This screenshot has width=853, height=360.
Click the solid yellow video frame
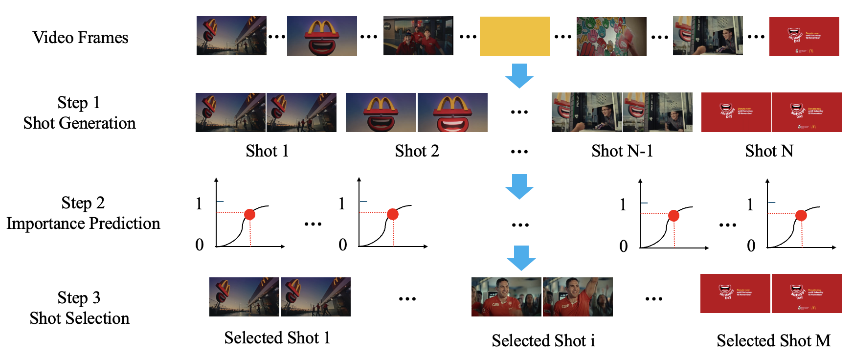click(x=515, y=36)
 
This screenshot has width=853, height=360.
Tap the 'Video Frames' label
click(x=80, y=38)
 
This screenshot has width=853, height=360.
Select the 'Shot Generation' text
click(x=79, y=123)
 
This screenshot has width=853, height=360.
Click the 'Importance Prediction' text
click(x=83, y=224)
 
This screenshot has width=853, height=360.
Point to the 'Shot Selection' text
click(x=79, y=318)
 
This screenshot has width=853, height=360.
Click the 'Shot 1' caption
click(x=267, y=151)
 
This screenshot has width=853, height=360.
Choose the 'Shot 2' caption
click(x=417, y=151)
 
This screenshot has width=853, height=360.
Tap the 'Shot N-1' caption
click(x=622, y=151)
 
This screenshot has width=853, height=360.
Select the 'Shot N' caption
click(x=769, y=151)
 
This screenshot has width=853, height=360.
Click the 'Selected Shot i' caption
click(x=543, y=340)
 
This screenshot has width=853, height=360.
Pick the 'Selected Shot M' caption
click(x=773, y=340)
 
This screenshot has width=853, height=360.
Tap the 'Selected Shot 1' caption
click(x=277, y=338)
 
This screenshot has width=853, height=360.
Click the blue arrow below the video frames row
click(x=519, y=75)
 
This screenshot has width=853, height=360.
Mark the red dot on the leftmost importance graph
click(x=249, y=214)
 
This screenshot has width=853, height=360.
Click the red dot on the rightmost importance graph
click(x=801, y=215)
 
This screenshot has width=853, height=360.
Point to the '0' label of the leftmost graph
click(x=200, y=245)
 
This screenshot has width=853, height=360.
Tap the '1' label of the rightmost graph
click(x=750, y=204)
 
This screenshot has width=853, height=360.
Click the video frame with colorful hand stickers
click(x=611, y=37)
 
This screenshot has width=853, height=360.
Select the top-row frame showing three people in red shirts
click(x=418, y=36)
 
